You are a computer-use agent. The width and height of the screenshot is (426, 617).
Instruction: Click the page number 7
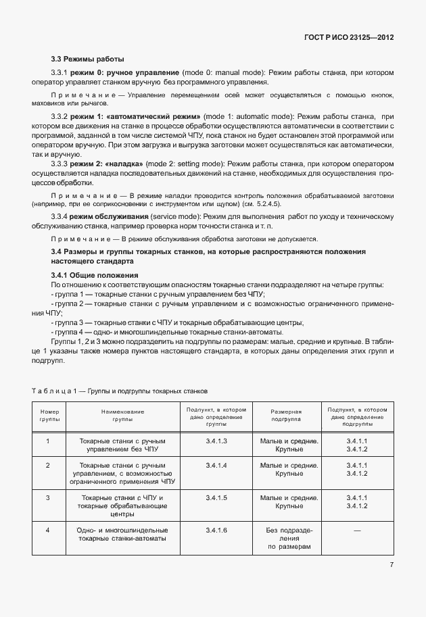(x=392, y=565)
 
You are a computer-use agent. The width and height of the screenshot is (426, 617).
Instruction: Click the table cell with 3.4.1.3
(x=216, y=441)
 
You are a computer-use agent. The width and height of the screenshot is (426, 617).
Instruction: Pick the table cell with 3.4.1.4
(x=216, y=466)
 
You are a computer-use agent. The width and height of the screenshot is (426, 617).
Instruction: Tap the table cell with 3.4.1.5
(x=216, y=497)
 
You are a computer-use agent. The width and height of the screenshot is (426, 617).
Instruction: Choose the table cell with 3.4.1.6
(x=216, y=530)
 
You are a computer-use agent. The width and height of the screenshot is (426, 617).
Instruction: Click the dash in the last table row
(x=356, y=530)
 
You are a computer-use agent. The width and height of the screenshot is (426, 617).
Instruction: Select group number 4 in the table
(x=48, y=530)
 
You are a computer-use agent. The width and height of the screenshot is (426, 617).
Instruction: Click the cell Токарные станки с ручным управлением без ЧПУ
(x=122, y=445)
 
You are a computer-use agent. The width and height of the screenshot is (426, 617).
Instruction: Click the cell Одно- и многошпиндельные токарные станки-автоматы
(x=122, y=535)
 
